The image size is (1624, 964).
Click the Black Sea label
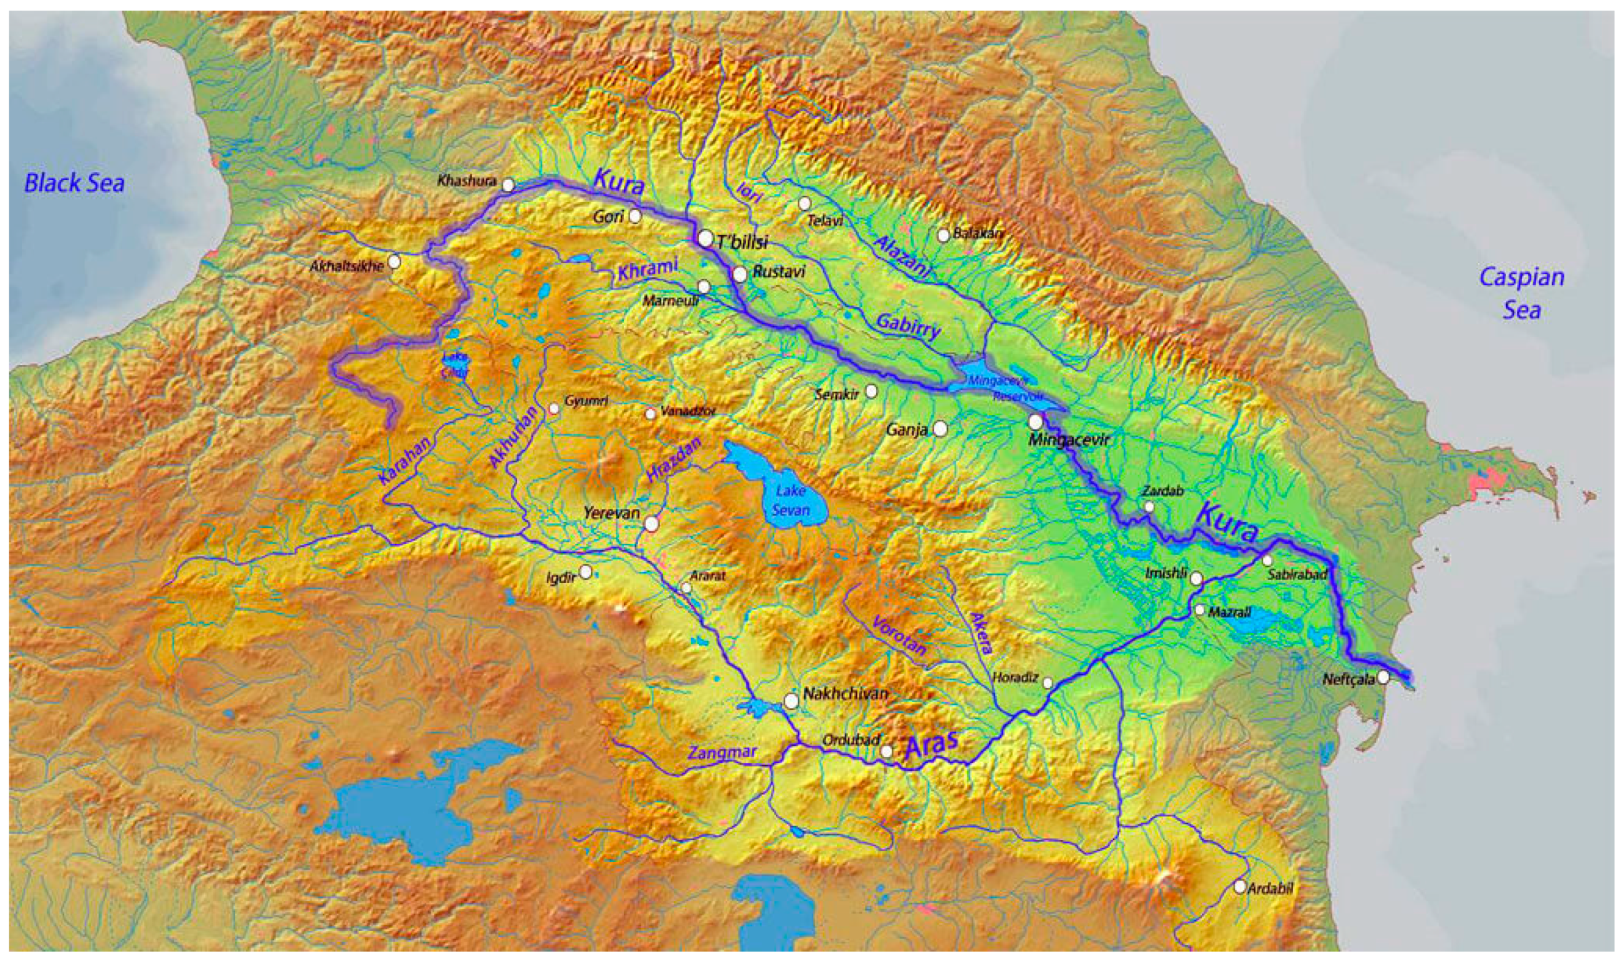pyautogui.click(x=74, y=183)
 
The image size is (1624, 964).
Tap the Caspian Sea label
pyautogui.click(x=1521, y=293)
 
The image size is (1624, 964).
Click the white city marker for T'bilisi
pyautogui.click(x=705, y=238)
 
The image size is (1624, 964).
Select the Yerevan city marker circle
pyautogui.click(x=652, y=523)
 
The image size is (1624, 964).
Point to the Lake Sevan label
pyautogui.click(x=791, y=501)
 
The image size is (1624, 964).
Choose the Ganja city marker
pyautogui.click(x=940, y=429)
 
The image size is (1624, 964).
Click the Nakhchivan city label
pyautogui.click(x=845, y=693)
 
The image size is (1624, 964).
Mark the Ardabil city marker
pyautogui.click(x=1239, y=886)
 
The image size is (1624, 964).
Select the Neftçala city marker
pyautogui.click(x=1383, y=677)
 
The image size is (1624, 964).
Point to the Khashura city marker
pyautogui.click(x=509, y=185)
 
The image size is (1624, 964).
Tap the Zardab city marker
pyautogui.click(x=1150, y=506)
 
